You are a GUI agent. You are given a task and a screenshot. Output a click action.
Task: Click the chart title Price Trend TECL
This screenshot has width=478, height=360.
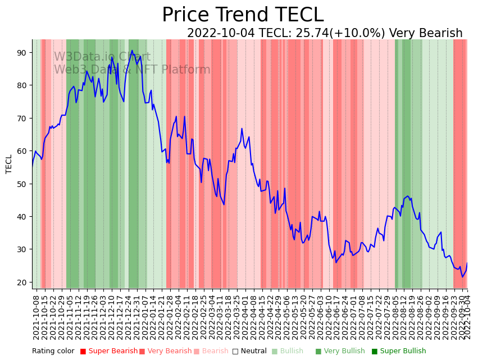click(243, 15)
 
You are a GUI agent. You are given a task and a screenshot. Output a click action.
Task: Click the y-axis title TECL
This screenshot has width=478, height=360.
click(9, 164)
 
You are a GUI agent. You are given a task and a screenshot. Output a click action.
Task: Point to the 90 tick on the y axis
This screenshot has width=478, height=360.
click(22, 53)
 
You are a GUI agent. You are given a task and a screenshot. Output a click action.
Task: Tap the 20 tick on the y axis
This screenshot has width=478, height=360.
click(22, 282)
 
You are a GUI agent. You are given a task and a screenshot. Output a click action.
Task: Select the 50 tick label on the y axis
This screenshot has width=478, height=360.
click(22, 184)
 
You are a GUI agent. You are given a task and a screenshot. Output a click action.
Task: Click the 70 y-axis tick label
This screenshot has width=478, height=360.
click(22, 119)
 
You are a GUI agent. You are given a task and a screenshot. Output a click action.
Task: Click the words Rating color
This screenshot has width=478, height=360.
click(53, 352)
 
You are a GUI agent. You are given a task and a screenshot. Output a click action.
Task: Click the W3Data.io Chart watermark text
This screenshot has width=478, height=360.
click(102, 57)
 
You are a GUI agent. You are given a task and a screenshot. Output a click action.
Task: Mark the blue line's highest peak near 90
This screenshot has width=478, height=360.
click(132, 51)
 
